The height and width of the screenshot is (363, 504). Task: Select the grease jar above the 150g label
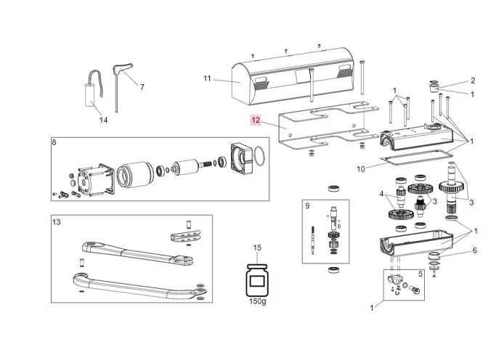point(256,280)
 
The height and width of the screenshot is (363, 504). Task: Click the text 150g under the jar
point(257,301)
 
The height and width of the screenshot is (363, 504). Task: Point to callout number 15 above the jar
point(256,248)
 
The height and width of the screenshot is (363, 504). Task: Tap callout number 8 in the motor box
point(54,143)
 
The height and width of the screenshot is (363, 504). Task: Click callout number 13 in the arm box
point(56,221)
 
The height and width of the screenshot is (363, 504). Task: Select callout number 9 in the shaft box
point(307,206)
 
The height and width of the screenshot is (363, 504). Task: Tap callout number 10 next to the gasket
point(361,168)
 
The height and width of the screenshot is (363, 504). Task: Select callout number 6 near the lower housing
point(474,250)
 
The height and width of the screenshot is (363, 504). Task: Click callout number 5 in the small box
point(420,274)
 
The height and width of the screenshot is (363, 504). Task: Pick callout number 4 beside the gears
point(380,193)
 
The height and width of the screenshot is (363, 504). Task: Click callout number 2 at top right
point(472,81)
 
